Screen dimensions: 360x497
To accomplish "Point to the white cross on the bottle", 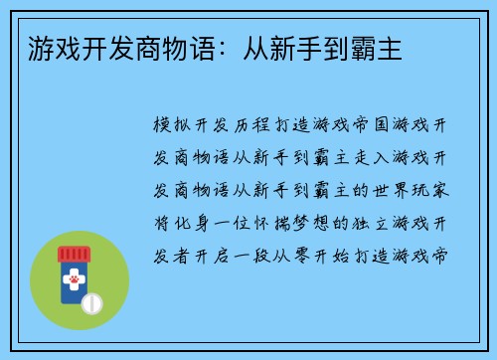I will click(73, 282).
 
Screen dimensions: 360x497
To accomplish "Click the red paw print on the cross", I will click(73, 282).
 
